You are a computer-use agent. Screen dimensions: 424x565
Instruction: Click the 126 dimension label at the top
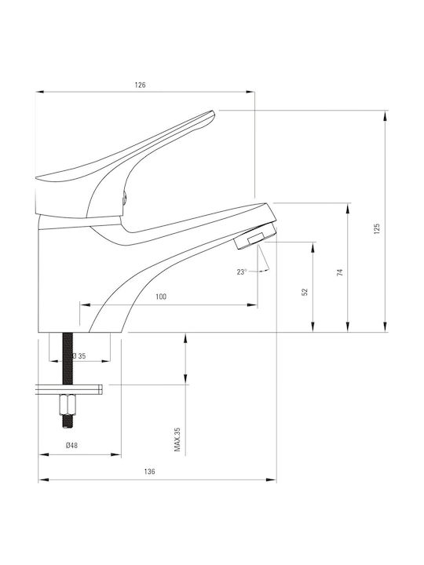141,85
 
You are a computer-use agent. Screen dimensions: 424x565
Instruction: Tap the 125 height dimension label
377,229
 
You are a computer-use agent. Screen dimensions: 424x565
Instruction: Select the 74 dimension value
340,272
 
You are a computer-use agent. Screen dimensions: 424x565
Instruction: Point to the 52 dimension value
305,292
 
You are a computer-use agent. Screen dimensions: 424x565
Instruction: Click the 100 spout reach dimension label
161,297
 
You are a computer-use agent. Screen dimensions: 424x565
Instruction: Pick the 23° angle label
242,272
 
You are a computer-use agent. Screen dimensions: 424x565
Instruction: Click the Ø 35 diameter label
79,356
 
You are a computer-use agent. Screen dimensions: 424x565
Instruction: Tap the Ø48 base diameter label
71,446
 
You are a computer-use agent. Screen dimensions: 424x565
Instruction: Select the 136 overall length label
149,472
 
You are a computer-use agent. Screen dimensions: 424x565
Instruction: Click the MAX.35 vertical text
177,439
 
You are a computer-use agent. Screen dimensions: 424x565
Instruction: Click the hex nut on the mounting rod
68,404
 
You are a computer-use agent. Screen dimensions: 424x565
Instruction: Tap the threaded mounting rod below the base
68,359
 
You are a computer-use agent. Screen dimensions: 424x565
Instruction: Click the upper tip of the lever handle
214,111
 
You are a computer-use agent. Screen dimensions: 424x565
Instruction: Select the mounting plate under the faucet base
69,389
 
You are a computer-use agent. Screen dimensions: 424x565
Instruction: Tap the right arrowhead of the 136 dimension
272,479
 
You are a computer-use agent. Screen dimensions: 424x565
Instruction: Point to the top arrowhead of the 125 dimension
386,115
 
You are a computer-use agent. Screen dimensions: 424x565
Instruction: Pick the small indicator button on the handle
125,198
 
